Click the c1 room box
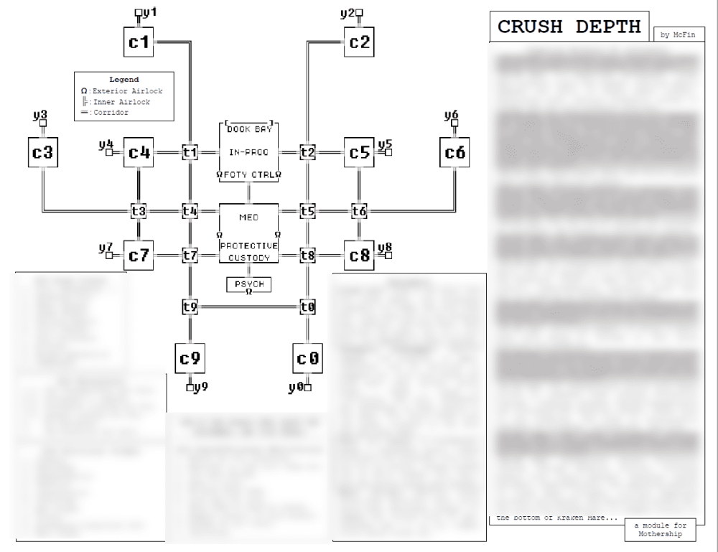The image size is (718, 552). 139,42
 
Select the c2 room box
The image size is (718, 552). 359,42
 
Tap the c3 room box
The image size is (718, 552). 43,152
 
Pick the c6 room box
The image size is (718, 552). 455,152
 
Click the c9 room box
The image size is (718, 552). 190,357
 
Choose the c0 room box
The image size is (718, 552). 307,357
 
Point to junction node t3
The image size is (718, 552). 139,211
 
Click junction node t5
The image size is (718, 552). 307,211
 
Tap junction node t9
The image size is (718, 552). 190,307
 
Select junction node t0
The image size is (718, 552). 307,307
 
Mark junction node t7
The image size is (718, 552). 190,256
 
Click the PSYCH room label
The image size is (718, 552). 248,284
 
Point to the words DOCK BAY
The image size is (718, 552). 248,130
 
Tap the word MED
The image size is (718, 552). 248,216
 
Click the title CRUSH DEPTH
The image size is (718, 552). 569,27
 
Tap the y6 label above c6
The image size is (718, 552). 452,116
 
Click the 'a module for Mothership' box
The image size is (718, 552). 660,530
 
